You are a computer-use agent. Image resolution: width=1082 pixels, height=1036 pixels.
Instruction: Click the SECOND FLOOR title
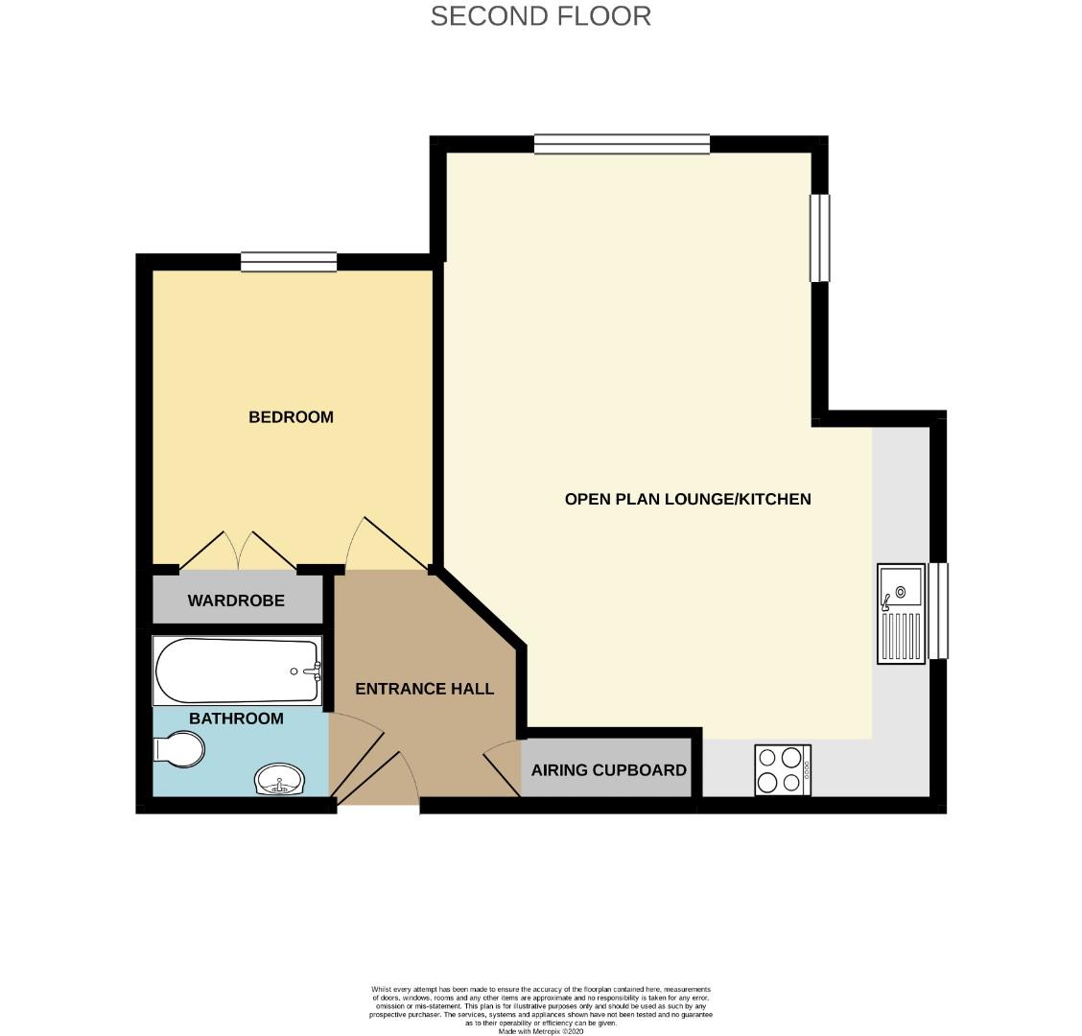pos(540,16)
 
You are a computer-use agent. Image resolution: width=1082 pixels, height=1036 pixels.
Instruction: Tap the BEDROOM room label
pos(291,417)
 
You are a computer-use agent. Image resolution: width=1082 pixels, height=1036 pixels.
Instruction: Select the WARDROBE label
pos(236,600)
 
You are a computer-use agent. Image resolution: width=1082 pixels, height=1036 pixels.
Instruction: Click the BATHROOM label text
pos(236,718)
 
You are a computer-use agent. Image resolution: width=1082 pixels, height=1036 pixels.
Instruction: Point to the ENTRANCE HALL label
pos(424,689)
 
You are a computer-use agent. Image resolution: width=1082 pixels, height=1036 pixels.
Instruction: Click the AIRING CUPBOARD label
pos(608,769)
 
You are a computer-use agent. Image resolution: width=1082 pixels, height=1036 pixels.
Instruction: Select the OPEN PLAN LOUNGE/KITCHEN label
pos(688,499)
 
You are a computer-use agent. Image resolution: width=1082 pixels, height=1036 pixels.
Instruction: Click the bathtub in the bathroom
pos(237,671)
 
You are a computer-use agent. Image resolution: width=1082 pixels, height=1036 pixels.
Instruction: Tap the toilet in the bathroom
pos(178,749)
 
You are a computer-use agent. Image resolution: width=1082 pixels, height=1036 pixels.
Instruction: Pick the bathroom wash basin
pos(279,779)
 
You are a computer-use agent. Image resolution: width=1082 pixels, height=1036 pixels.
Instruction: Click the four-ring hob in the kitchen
pos(783,769)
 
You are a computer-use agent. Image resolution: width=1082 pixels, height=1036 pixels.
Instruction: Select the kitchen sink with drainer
pos(902,614)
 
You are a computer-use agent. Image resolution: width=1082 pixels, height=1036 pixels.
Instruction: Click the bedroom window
pos(289,262)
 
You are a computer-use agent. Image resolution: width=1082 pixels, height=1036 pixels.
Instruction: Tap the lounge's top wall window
pos(622,144)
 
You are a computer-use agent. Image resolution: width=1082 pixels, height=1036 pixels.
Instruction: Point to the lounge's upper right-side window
pos(820,238)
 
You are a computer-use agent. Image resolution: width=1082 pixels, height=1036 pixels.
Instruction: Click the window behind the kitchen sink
pos(938,611)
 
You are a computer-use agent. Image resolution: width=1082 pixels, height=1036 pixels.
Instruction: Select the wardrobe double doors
pos(238,551)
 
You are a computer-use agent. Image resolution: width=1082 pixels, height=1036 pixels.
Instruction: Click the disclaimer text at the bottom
pos(540,1010)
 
